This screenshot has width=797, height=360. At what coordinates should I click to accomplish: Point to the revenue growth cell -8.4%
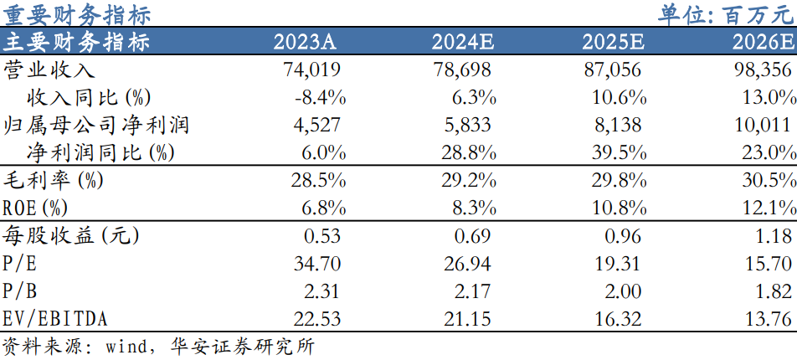321,98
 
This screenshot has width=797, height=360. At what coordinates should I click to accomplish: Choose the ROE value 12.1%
768,208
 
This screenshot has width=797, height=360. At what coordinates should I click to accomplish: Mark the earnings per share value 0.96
624,236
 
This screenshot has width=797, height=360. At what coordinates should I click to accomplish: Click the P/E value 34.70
317,264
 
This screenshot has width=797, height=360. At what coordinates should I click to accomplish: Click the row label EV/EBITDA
56,319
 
